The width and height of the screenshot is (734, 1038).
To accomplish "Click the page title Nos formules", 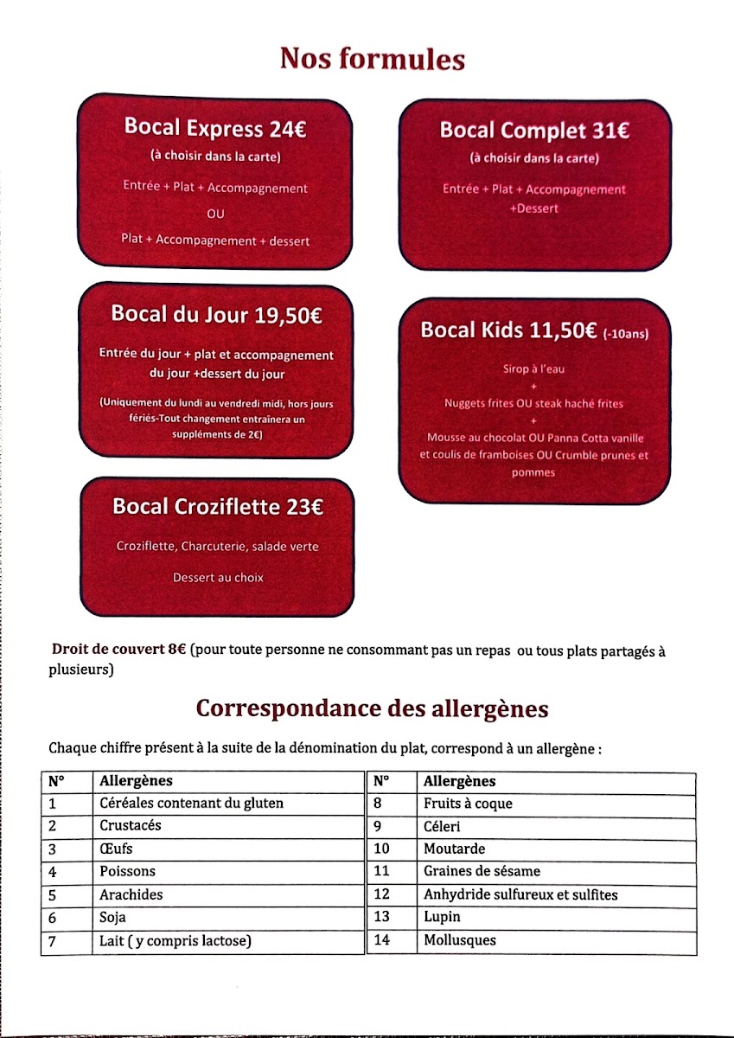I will coord(372,59).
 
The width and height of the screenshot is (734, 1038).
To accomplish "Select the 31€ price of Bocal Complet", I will coord(611,131).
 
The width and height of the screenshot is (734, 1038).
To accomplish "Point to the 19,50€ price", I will coord(289,315).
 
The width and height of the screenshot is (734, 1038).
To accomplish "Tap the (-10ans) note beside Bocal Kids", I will coord(626,333).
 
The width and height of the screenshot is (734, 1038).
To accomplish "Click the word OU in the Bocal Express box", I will coord(215,214).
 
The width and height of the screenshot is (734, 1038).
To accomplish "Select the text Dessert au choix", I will coord(218,577).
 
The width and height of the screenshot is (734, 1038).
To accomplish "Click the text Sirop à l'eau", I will coord(533,369).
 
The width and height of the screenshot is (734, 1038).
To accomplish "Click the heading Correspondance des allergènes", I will coord(372,708).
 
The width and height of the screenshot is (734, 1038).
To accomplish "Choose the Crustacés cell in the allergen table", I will coord(130,826).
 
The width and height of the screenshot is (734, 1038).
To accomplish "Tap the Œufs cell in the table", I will coord(116,849).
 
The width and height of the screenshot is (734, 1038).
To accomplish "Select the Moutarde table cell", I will coord(454,849).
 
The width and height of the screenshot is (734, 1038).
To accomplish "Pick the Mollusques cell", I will coord(460,939).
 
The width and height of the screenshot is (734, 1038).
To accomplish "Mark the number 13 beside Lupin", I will coord(381,917).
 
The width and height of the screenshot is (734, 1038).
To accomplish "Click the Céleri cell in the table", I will coord(443,826).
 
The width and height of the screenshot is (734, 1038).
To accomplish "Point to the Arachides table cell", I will coord(131,894).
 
